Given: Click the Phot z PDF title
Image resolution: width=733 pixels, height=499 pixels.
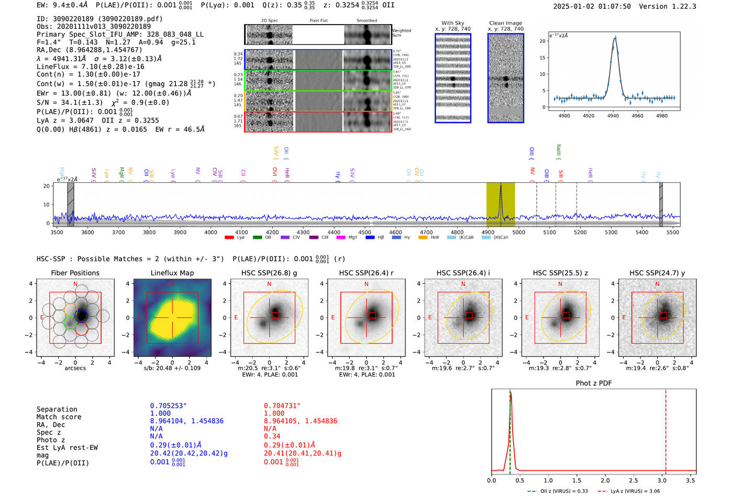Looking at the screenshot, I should click(594, 383).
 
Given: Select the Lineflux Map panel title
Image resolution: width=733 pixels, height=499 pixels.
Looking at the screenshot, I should click(172, 273).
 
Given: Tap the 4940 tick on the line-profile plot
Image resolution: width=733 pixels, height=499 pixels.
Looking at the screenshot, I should click(613, 116).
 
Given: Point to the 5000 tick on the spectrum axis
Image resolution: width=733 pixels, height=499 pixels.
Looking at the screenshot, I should click(518, 232).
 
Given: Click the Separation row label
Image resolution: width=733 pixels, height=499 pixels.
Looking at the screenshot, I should click(57, 409).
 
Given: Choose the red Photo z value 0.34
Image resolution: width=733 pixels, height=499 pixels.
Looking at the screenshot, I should click(272, 436).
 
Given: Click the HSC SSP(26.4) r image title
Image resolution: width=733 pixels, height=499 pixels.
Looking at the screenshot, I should click(366, 273).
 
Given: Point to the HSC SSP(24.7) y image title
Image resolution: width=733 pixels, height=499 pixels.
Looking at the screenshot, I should click(657, 273).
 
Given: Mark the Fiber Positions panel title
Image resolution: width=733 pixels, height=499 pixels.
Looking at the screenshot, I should click(75, 273).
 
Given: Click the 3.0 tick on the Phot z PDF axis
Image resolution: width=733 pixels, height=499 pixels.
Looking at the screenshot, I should click(662, 480).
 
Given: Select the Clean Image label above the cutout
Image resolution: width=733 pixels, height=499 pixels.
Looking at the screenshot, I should click(505, 23).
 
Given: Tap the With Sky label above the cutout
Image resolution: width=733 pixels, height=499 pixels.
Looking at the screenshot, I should click(452, 23).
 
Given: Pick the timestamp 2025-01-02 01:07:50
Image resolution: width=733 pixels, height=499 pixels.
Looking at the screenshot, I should click(592, 6).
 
